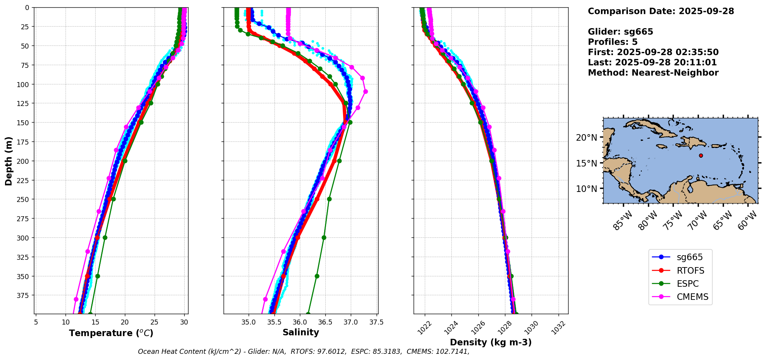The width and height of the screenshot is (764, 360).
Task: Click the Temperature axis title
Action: [x=111, y=333]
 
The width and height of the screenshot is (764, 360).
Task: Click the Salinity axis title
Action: [x=301, y=333]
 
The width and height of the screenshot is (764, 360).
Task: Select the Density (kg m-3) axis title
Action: [x=491, y=342]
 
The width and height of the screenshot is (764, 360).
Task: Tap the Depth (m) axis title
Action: [x=9, y=161]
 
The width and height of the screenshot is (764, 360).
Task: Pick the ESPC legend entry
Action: [x=688, y=284]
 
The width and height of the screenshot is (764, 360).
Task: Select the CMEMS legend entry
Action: [x=692, y=297]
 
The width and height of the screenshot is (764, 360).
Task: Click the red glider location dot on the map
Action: [x=701, y=156]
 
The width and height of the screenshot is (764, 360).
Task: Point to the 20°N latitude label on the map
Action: [x=586, y=138]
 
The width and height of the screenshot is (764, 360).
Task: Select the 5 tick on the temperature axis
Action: [x=36, y=322]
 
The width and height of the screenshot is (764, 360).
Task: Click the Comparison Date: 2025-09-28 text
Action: [x=661, y=11]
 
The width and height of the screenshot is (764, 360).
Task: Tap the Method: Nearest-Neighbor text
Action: [x=653, y=73]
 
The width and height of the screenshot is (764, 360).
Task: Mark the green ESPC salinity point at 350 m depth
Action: [x=317, y=276]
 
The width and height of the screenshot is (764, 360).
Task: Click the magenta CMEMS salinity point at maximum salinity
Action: [x=365, y=91]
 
